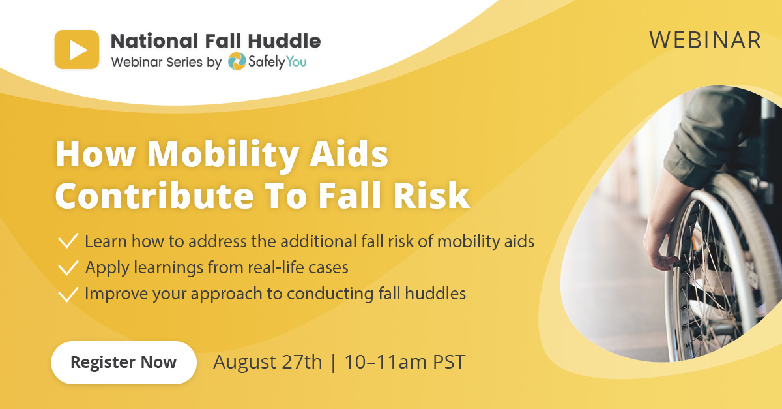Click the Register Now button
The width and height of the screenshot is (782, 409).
pos(124,363)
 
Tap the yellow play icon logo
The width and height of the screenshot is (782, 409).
pos(77,50)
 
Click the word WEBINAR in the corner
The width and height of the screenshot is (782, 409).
pos(705,40)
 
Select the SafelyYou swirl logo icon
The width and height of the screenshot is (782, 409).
pos(237,61)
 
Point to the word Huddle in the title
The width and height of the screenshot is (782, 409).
pos(284,41)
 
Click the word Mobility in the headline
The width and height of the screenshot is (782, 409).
pos(223,155)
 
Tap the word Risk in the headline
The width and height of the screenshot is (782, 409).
pos(431,196)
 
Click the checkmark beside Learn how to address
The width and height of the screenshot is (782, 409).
pos(68,241)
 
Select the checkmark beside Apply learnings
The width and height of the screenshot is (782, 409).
pos(68,267)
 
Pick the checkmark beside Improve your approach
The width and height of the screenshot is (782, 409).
pos(68,294)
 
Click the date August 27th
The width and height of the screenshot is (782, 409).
pos(268,362)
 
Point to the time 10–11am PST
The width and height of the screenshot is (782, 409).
pos(405,362)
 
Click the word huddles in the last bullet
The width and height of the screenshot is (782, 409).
pos(435,294)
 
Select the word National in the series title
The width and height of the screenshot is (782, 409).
pos(154,41)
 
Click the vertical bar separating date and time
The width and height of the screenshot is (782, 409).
pos(333,362)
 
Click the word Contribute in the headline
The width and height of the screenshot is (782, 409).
pos(154,196)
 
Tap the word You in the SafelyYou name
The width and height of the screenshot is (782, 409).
pos(297,62)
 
